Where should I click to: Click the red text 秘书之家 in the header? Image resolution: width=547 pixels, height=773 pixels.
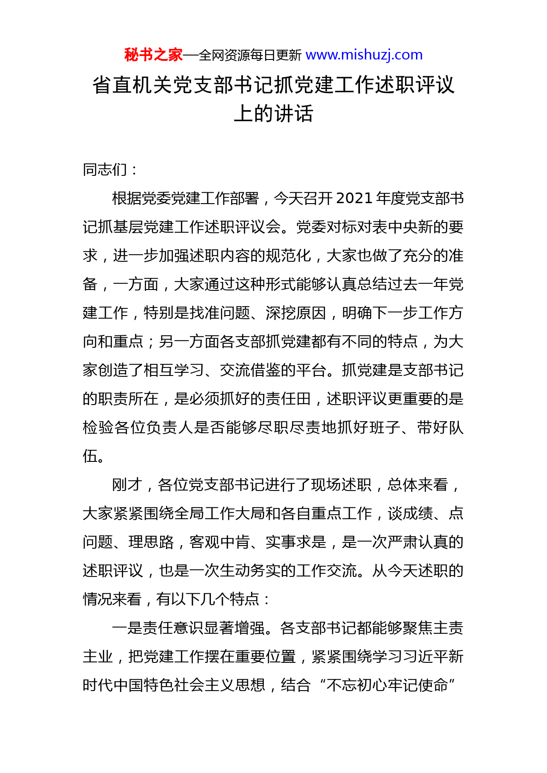(153, 55)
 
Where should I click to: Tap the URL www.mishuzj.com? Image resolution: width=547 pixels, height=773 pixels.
(364, 55)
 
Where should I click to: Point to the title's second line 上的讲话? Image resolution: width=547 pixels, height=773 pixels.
(273, 114)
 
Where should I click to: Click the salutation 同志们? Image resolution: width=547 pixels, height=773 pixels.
(105, 170)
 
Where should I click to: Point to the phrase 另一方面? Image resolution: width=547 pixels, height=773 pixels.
(189, 342)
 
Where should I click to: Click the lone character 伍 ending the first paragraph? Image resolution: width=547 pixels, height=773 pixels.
(90, 456)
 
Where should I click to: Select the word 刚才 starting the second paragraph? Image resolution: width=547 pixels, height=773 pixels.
(127, 485)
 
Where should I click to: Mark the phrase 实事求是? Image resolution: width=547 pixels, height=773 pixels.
(296, 542)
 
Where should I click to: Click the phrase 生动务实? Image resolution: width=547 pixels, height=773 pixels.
(250, 571)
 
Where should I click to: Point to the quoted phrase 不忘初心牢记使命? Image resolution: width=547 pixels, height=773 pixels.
(387, 685)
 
